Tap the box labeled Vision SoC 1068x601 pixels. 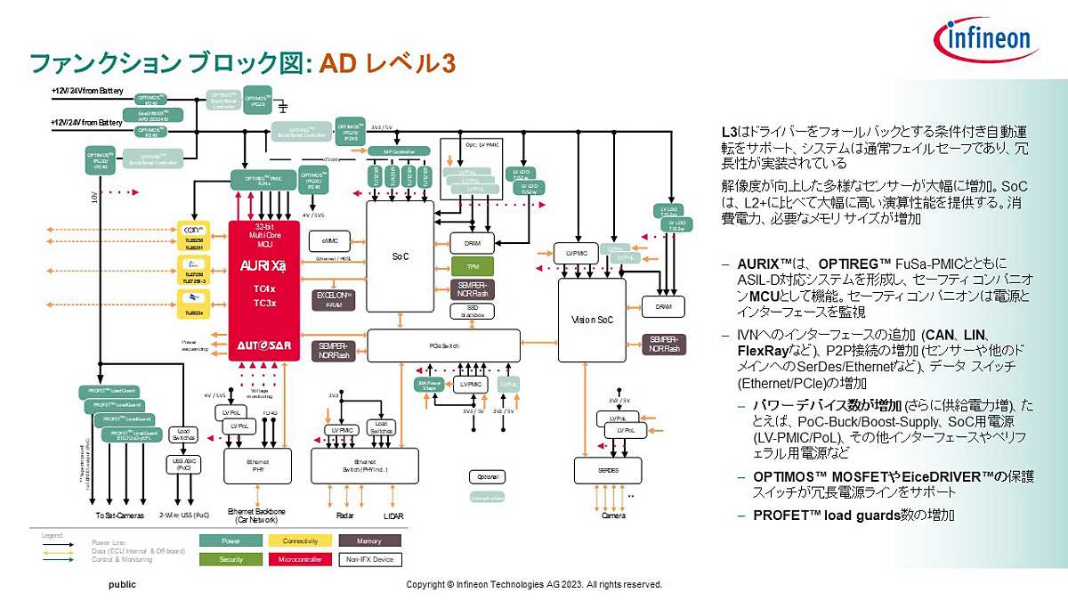[x=592, y=319]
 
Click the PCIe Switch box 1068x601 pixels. [x=443, y=345]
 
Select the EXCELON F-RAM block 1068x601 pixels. [x=335, y=297]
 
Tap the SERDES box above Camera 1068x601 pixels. [x=609, y=469]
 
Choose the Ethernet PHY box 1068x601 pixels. [x=257, y=466]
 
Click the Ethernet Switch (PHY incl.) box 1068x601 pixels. [x=364, y=466]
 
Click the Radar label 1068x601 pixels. [x=345, y=516]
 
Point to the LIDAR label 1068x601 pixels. [x=393, y=516]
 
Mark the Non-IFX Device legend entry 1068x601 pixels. [x=369, y=560]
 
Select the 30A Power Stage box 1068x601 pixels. [x=430, y=385]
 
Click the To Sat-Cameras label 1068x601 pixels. [x=119, y=516]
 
